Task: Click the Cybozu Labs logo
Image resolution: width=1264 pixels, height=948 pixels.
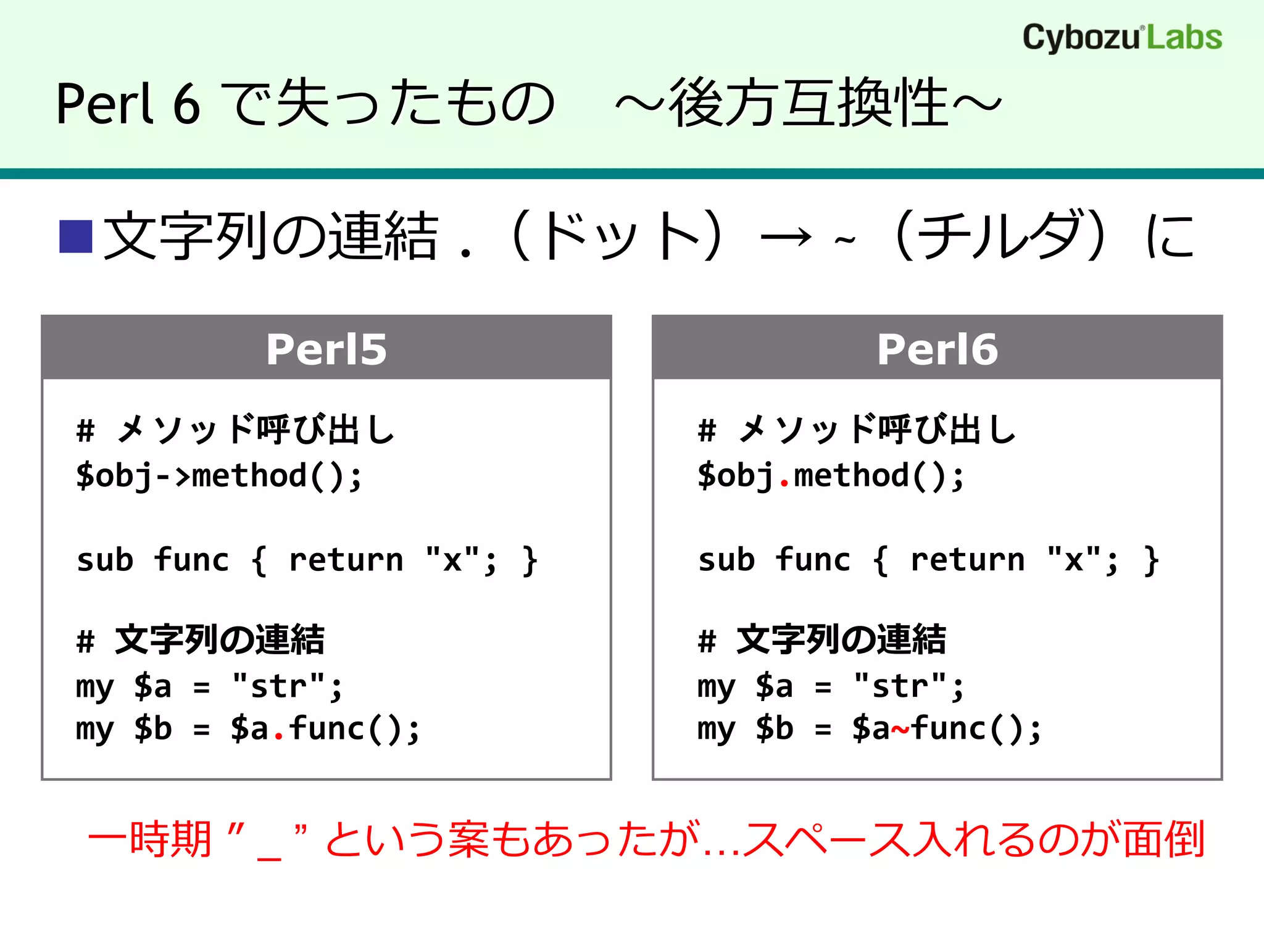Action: tap(1121, 37)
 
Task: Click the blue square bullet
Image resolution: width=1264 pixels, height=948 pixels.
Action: tap(76, 236)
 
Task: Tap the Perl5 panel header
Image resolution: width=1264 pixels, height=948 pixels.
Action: tap(326, 348)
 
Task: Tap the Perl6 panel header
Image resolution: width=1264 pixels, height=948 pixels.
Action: tap(937, 348)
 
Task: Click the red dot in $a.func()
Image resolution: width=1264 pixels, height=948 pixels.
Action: tap(278, 736)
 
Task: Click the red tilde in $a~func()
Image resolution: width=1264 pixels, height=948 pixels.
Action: tap(900, 730)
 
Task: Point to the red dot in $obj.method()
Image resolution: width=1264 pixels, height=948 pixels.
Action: tap(784, 483)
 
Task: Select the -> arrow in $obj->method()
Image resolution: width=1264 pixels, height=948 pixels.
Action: tap(173, 476)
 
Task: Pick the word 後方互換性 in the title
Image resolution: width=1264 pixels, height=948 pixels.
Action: tap(809, 104)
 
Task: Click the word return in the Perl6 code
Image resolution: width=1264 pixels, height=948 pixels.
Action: tap(967, 560)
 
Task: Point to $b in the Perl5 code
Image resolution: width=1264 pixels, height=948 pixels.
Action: tap(152, 729)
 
